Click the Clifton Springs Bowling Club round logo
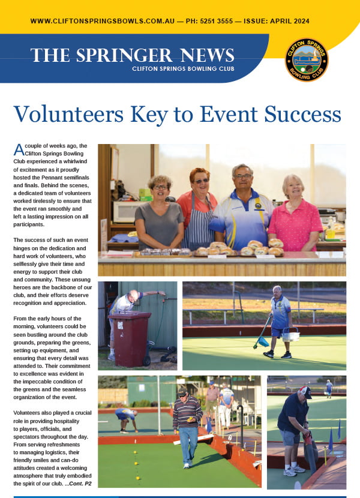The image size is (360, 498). click(x=306, y=59)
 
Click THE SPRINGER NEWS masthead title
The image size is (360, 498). click(x=132, y=55)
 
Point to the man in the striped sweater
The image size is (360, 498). click(x=187, y=423)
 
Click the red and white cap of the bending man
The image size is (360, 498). click(x=307, y=391)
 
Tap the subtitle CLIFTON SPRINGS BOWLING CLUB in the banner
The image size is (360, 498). click(x=183, y=69)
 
